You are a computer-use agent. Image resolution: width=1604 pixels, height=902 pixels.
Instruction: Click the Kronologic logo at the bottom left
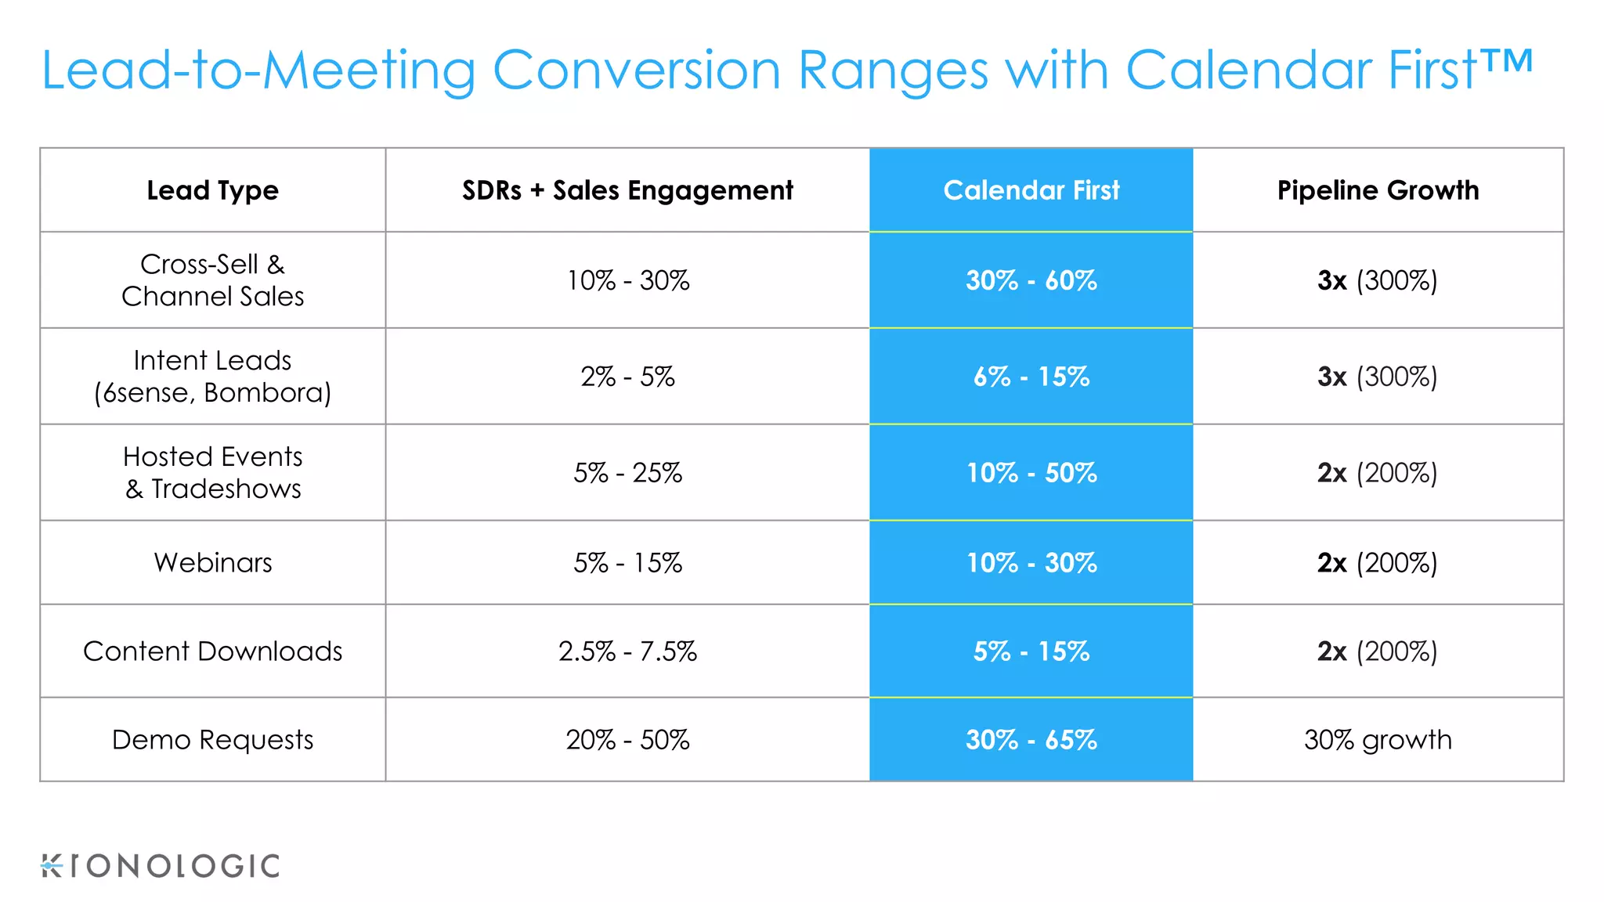coord(161,866)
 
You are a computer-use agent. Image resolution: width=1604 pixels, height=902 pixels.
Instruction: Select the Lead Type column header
coord(212,190)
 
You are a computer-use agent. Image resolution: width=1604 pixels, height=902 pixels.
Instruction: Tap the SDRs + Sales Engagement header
coord(627,190)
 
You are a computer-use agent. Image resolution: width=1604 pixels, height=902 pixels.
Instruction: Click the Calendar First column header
coord(1031,190)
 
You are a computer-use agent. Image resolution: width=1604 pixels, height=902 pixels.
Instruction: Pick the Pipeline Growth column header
coord(1378,190)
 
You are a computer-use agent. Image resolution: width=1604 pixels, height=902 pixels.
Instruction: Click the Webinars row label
coord(212,562)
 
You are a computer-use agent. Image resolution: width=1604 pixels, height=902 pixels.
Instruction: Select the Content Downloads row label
coord(212,651)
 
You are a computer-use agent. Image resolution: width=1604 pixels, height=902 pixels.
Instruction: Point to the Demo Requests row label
coord(212,739)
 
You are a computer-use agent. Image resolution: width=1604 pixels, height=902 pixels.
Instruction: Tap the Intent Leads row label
coord(212,376)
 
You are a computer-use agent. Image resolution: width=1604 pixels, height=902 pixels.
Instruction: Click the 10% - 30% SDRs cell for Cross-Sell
coord(627,280)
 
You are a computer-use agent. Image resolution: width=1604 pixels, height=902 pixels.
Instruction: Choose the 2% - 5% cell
coord(627,377)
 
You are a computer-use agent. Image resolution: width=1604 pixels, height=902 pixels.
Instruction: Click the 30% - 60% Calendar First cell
coord(1031,280)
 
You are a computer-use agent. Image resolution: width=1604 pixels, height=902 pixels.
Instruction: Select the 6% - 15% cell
coord(1031,377)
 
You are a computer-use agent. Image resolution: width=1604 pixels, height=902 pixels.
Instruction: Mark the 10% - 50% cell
coord(1031,473)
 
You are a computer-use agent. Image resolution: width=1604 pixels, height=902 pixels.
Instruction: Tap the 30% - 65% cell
coord(1031,739)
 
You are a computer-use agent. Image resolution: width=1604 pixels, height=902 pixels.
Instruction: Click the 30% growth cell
coord(1378,739)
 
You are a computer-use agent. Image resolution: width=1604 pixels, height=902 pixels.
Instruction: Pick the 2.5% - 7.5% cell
coord(627,651)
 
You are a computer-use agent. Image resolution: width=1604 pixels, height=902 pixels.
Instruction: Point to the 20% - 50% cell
coord(627,739)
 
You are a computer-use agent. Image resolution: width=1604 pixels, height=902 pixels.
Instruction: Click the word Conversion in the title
coord(636,70)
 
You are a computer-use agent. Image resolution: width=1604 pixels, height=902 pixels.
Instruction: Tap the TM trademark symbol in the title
coord(1506,61)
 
